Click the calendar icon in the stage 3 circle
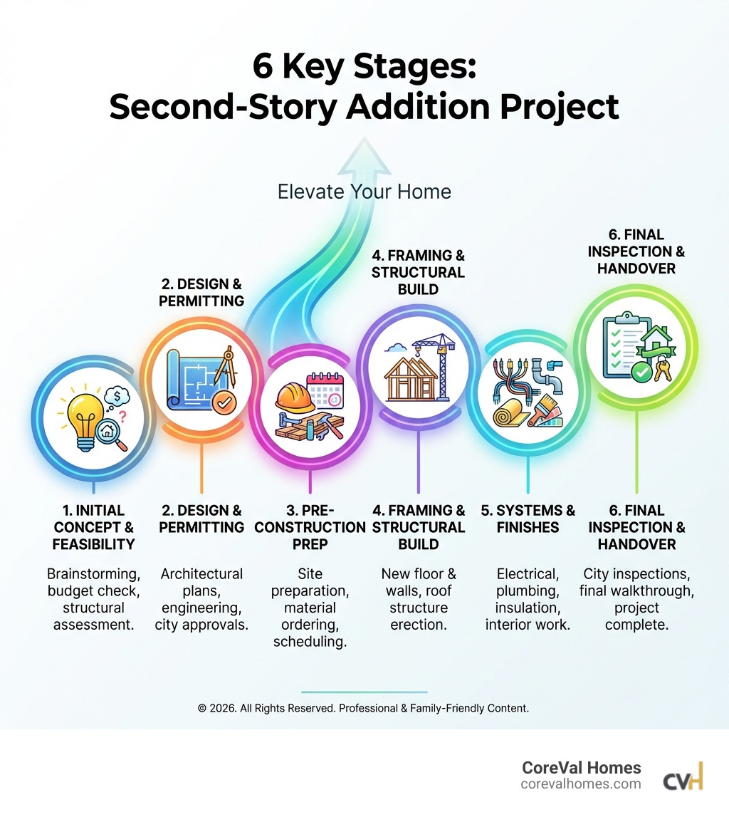325,390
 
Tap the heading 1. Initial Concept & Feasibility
93,527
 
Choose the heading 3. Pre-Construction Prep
309,527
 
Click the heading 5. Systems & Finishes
527,519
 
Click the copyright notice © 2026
363,709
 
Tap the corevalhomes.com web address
580,784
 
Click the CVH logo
683,776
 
